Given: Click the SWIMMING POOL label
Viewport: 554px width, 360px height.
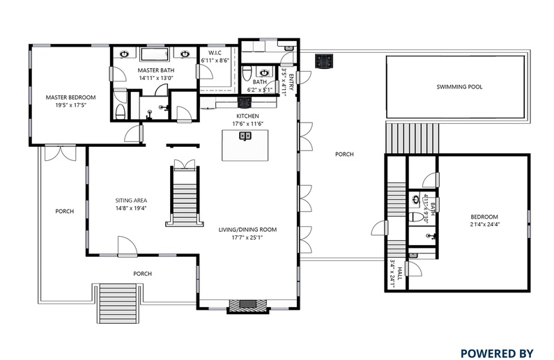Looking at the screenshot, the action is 459,87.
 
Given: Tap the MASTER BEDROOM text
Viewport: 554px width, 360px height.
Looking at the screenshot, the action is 70,97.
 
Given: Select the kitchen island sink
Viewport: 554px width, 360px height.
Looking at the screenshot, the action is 245,136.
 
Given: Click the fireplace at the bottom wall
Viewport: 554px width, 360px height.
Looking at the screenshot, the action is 247,305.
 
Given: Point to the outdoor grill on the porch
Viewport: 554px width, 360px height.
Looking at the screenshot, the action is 324,61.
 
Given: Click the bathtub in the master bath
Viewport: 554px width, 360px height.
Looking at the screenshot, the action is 155,54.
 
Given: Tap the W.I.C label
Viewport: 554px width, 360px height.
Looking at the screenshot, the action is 215,53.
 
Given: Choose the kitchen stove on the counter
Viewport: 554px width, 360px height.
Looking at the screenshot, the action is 245,102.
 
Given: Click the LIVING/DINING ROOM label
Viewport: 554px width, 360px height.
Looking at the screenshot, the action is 247,230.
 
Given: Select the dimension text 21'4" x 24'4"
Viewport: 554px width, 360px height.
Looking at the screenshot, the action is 485,224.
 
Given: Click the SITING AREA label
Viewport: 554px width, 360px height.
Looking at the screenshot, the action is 131,201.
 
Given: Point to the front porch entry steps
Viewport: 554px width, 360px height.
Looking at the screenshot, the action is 118,303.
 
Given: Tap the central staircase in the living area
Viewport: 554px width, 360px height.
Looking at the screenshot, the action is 185,196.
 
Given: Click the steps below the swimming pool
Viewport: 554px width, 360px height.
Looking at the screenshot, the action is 413,139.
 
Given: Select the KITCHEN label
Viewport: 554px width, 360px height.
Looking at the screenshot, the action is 247,116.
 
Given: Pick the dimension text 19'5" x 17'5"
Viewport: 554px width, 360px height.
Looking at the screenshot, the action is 70,105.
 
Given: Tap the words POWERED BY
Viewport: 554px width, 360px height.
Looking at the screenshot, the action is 497,353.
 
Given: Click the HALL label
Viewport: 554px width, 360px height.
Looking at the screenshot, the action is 399,274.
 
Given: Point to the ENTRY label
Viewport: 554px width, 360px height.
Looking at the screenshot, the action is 291,82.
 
